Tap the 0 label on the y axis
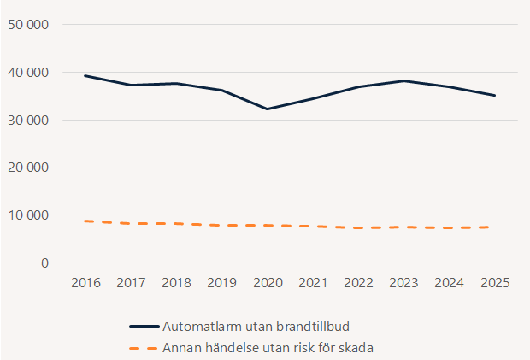coord(44,263)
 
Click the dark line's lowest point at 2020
coord(267,109)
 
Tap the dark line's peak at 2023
coord(403,80)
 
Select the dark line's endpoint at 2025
coord(495,95)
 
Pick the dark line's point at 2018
coord(175,83)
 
